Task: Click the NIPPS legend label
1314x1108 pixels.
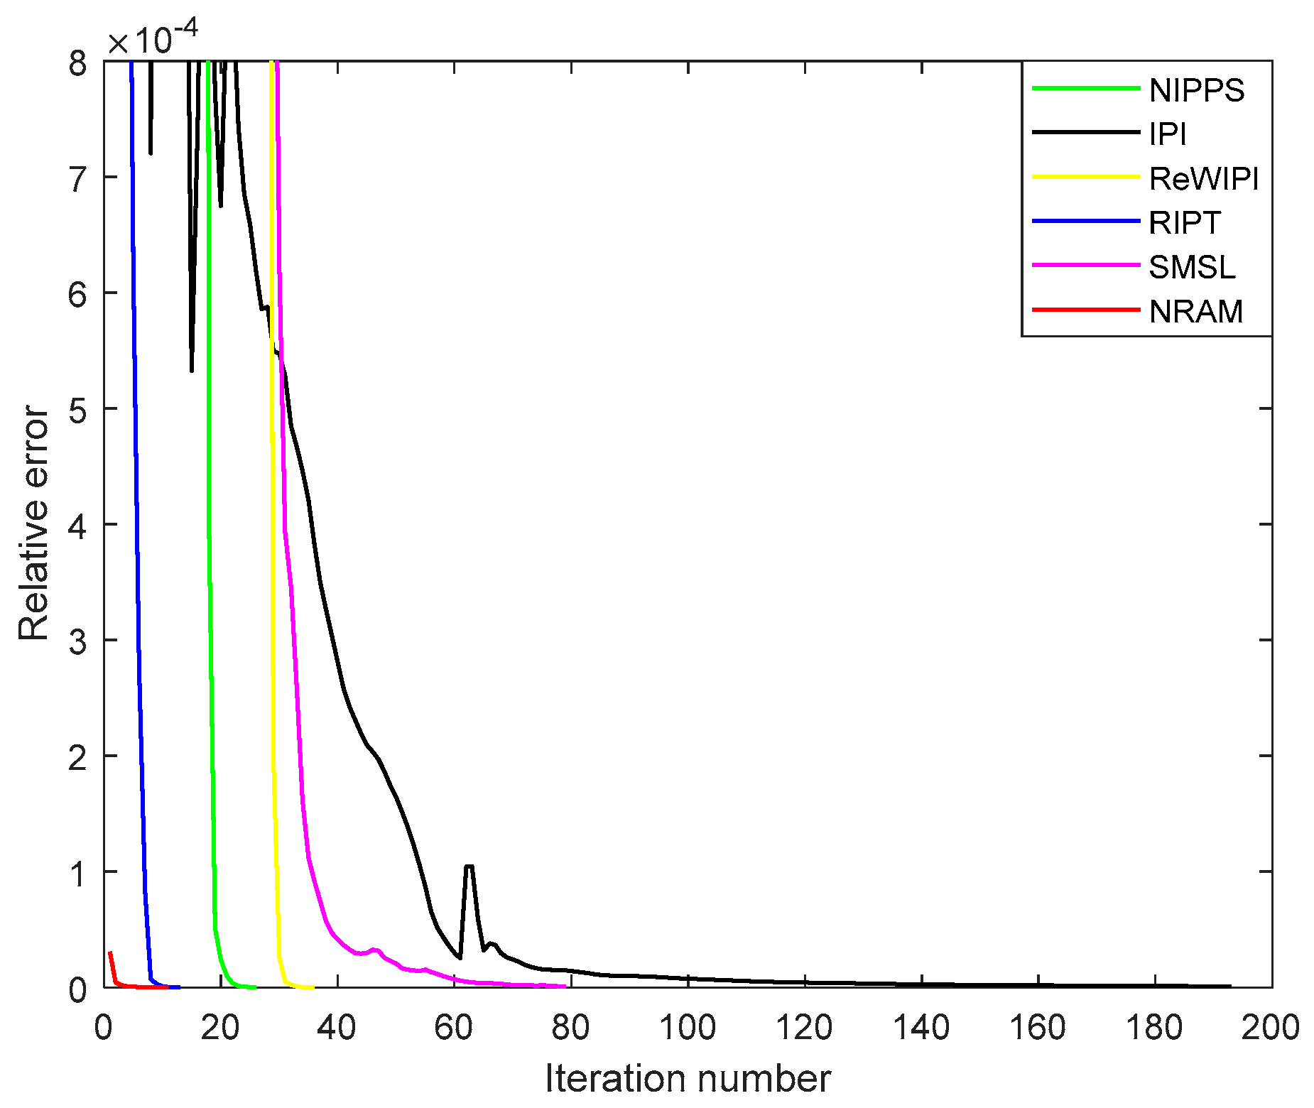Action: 1196,90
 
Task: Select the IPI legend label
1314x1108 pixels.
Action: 1168,134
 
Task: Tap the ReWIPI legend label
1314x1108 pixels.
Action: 1203,178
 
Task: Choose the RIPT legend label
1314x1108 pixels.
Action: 1184,223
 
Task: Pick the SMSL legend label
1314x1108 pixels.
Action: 1192,267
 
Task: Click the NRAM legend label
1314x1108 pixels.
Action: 1195,311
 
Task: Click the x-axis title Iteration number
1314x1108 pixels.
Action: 687,1078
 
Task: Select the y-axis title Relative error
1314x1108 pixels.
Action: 34,523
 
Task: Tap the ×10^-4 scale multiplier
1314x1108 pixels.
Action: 152,40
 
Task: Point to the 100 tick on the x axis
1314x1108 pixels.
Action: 687,1027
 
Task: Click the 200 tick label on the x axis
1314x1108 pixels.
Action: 1270,1027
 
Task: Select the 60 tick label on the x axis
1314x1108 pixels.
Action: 453,1027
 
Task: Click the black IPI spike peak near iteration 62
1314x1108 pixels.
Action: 469,866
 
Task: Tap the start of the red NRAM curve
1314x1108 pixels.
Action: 110,953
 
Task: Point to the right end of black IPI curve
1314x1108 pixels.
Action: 1229,986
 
